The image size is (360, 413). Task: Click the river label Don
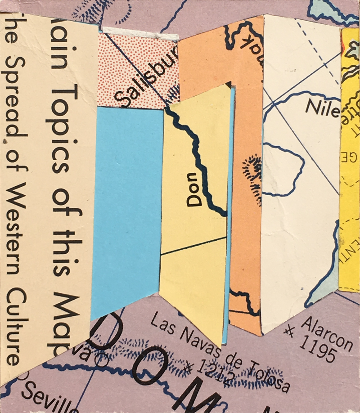click(x=195, y=189)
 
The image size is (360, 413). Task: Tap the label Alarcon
click(x=327, y=332)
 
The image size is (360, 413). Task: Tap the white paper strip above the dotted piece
click(x=139, y=32)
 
